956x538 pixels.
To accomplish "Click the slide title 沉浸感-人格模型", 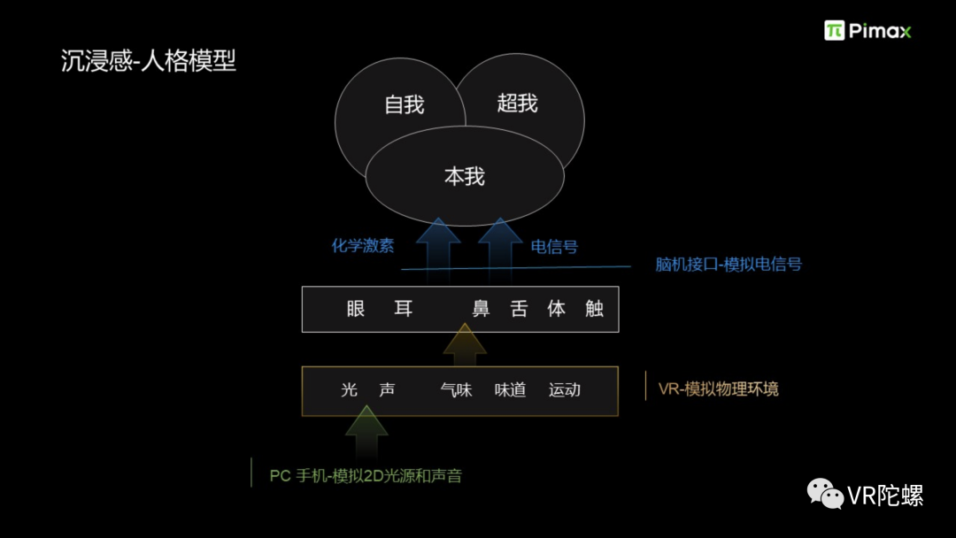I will [149, 61].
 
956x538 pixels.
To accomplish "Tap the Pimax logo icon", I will [834, 31].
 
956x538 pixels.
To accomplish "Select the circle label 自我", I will [405, 104].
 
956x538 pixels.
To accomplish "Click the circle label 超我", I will [517, 104].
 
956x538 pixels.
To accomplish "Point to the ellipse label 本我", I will [465, 176].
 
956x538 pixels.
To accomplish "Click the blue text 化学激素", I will [363, 246].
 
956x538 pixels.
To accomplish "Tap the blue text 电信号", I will [554, 247].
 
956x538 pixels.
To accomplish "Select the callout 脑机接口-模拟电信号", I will [729, 264].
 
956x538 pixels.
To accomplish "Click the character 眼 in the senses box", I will [356, 309].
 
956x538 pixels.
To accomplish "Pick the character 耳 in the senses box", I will [404, 309].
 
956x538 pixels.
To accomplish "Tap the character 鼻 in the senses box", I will [481, 309].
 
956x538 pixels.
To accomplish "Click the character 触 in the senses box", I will [594, 309].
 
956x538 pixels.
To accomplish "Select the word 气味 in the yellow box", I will [457, 390].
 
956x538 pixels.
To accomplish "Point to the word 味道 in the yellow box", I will [511, 390].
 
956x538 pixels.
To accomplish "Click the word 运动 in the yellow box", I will [565, 390].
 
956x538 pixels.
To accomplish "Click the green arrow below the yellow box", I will [366, 433].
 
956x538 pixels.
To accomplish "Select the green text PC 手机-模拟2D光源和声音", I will [366, 476].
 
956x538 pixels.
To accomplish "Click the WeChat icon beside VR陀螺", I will [825, 493].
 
